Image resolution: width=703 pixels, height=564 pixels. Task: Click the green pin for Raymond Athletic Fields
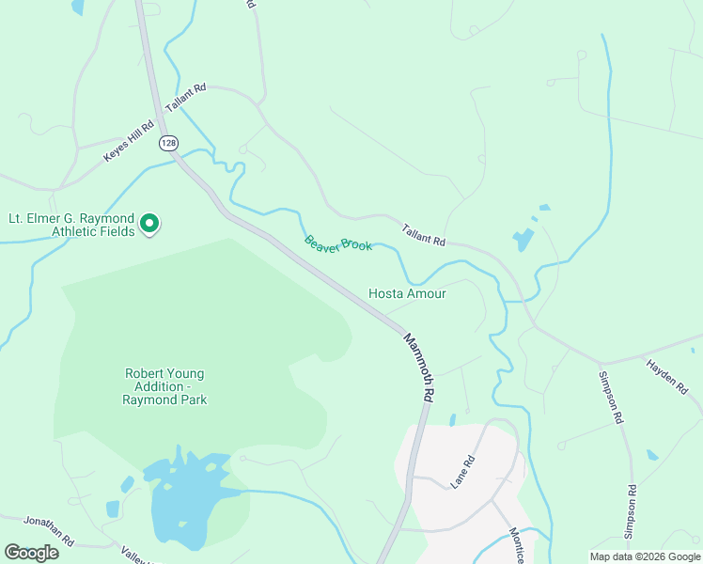[x=148, y=224]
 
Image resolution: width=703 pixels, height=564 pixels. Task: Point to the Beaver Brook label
[x=338, y=243]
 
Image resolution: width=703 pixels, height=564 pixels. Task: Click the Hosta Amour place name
[x=406, y=293]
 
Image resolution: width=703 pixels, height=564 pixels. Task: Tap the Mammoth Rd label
[x=418, y=368]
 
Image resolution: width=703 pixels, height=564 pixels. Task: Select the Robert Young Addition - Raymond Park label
[x=164, y=386]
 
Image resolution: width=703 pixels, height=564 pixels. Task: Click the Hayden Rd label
[x=668, y=375]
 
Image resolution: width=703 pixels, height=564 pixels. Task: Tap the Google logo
[x=31, y=553]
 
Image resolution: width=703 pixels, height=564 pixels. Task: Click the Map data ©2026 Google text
[x=645, y=556]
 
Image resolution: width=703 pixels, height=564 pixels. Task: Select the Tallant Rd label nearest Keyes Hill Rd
[x=185, y=97]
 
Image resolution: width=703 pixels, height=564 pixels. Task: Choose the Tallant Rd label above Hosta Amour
[x=423, y=234]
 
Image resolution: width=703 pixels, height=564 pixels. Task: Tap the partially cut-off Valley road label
[x=136, y=555]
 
